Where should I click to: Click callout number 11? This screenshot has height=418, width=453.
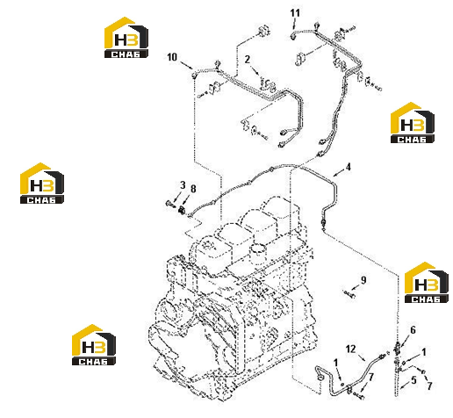click(x=295, y=13)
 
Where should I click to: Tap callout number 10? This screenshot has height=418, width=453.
click(x=172, y=57)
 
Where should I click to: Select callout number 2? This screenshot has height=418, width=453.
click(x=248, y=60)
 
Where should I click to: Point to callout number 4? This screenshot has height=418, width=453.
click(x=348, y=167)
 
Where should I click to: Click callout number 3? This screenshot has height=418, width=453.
click(x=183, y=185)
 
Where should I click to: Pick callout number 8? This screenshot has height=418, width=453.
click(x=193, y=189)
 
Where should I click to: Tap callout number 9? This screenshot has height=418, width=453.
click(x=363, y=280)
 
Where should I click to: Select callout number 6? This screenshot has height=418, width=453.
click(x=413, y=330)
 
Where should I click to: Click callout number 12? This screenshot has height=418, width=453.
click(x=350, y=349)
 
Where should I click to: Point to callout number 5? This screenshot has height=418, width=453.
click(x=413, y=380)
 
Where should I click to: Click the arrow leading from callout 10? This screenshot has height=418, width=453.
click(x=186, y=65)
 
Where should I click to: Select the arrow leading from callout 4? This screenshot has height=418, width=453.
click(x=339, y=173)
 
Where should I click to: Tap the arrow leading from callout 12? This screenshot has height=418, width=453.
click(x=362, y=357)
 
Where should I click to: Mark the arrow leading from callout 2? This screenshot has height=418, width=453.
click(x=255, y=70)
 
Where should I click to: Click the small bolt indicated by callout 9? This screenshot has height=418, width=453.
click(x=349, y=293)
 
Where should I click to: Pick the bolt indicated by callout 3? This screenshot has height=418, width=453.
click(x=169, y=203)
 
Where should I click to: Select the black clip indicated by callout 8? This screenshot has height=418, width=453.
click(x=183, y=210)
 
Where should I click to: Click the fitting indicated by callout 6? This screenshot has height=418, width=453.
click(x=397, y=348)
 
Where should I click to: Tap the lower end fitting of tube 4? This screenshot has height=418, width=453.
click(x=322, y=222)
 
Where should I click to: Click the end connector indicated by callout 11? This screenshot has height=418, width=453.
click(x=293, y=36)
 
